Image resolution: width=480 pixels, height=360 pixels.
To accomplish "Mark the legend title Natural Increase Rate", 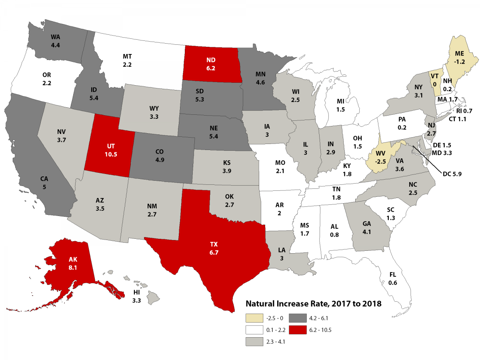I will click(x=313, y=304).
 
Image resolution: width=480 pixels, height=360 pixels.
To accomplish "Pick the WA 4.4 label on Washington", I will click(x=56, y=41).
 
